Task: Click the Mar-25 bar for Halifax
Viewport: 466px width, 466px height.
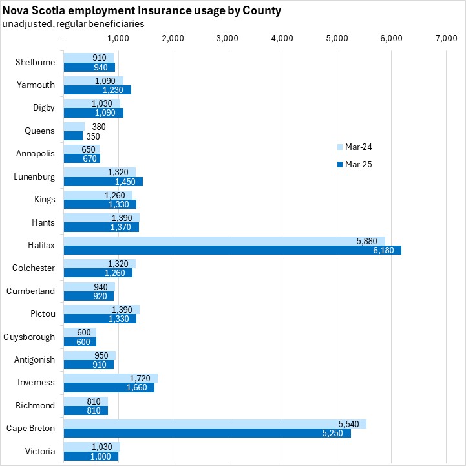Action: point(232,250)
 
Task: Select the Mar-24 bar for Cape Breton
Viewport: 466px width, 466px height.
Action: point(215,424)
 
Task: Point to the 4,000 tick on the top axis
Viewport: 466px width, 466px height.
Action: point(282,39)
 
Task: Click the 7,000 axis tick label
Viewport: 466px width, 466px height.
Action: point(446,39)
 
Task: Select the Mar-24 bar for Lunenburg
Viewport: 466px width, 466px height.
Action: point(100,173)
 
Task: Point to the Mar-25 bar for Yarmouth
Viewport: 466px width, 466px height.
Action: point(97,90)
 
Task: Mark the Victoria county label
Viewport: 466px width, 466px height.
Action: point(41,451)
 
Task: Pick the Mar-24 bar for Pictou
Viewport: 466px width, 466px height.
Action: point(101,310)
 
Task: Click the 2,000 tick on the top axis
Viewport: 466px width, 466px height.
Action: point(172,39)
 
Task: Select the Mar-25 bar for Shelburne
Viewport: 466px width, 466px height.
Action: point(89,67)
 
